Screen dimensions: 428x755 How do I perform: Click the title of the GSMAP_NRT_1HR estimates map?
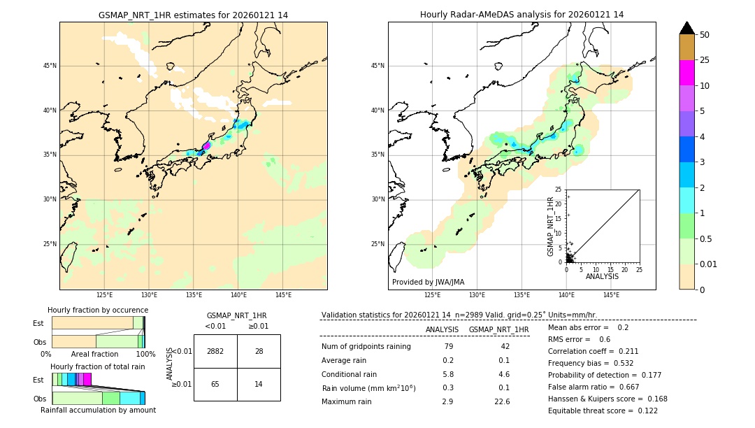pos(193,15)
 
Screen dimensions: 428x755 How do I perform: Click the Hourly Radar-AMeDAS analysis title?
pos(522,15)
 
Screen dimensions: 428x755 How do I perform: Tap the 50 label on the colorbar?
pos(705,35)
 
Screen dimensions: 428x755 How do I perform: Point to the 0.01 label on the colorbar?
pos(709,264)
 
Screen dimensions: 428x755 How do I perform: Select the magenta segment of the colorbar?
pos(686,73)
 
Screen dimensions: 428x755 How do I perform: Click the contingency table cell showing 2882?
pos(215,351)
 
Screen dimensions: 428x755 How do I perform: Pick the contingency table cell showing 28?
pos(259,351)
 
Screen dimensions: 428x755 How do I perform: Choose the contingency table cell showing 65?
pos(215,384)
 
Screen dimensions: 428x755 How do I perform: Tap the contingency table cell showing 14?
pos(259,384)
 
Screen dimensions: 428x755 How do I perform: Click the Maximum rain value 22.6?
pos(502,401)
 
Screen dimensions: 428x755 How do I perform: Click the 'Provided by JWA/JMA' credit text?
pos(428,282)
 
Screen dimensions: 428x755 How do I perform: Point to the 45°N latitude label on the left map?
pos(50,66)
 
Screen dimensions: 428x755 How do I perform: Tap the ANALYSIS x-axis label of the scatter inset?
pos(602,276)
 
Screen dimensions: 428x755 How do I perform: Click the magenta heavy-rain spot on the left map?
pos(206,146)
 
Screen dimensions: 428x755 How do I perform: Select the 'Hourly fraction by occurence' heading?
pos(98,310)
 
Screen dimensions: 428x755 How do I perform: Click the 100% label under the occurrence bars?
pos(145,354)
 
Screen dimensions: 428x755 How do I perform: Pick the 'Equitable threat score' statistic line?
pos(603,411)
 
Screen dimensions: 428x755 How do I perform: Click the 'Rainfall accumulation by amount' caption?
pos(98,410)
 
